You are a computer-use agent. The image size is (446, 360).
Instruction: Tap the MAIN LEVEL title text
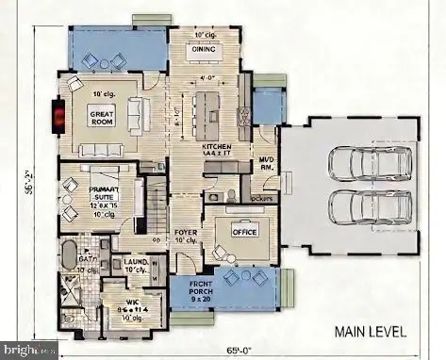tap(370, 332)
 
